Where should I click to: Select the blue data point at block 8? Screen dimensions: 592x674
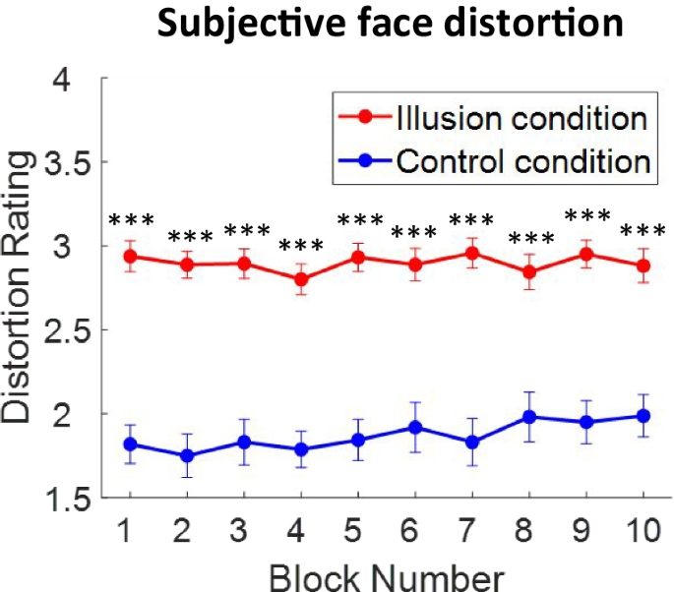pos(529,417)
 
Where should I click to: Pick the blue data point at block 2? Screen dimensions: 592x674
pos(187,456)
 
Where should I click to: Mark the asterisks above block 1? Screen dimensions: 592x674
pos(130,221)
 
